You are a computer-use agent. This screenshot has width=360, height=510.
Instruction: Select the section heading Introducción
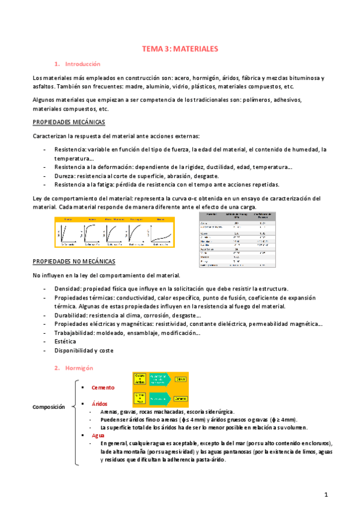[82, 64]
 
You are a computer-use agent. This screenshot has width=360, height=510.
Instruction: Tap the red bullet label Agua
[99, 435]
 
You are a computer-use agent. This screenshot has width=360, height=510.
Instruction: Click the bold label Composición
[49, 407]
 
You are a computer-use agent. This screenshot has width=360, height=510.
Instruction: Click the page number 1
[325, 494]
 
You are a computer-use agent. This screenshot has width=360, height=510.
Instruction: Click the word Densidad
[67, 289]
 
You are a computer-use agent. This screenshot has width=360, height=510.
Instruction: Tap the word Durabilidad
[70, 315]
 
